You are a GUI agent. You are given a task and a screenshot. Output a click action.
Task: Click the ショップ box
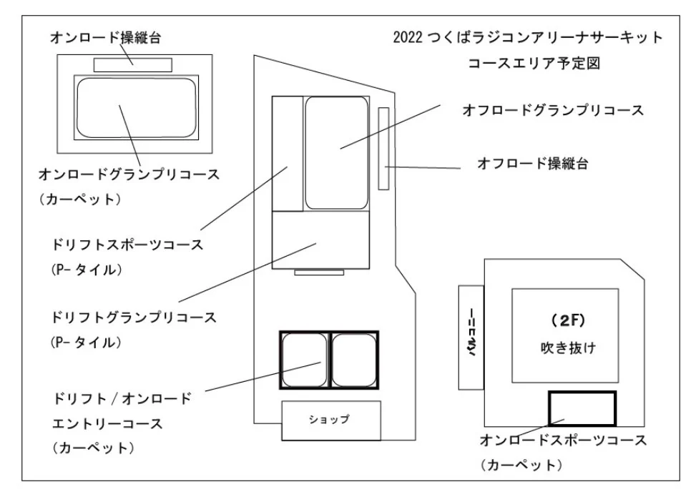pyautogui.click(x=330, y=420)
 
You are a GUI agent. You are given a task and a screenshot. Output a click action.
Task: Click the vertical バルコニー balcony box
pyautogui.click(x=472, y=337)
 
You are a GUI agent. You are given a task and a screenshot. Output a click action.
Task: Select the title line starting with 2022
pyautogui.click(x=528, y=37)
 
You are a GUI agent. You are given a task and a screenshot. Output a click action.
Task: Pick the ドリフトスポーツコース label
pyautogui.click(x=127, y=245)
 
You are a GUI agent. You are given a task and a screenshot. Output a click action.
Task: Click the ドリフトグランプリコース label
pyautogui.click(x=134, y=315)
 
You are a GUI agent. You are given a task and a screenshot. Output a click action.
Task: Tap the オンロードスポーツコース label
pyautogui.click(x=562, y=440)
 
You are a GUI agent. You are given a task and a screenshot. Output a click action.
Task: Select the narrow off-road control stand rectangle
pyautogui.click(x=383, y=149)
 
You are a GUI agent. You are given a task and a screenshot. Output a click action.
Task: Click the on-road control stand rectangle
pyautogui.click(x=133, y=64)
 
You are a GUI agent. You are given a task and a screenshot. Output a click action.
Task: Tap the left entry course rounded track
pyautogui.click(x=304, y=360)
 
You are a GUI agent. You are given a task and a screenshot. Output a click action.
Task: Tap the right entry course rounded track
pyautogui.click(x=354, y=360)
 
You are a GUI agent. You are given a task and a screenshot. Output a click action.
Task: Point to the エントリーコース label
pyautogui.click(x=107, y=423)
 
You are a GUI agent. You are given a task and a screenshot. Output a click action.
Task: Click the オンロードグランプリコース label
pyautogui.click(x=128, y=174)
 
